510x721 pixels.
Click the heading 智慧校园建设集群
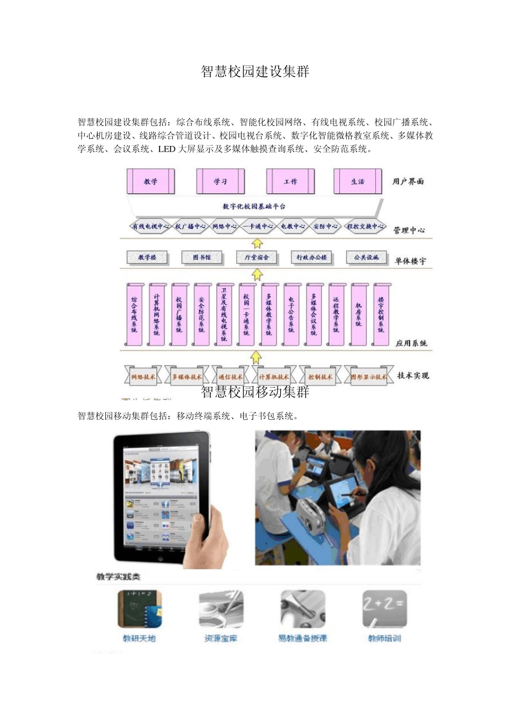coord(255,71)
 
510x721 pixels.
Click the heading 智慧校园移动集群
coord(255,392)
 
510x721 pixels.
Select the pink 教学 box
coord(151,181)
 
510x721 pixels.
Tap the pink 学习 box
coord(221,181)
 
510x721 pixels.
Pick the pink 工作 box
coord(290,181)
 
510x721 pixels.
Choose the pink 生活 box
coord(358,181)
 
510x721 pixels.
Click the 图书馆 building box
coord(202,257)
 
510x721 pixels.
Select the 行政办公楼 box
coord(312,257)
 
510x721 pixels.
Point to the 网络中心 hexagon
coord(224,226)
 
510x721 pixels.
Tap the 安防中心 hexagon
coord(325,226)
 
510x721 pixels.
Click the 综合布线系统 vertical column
coord(134,314)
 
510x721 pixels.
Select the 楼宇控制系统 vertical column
coord(381,314)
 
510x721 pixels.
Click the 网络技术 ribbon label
coord(143,377)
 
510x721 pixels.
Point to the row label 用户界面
coord(408,181)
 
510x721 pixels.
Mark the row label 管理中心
coord(409,230)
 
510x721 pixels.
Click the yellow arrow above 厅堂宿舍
coord(258,244)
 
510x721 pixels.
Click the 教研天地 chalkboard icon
coord(140,609)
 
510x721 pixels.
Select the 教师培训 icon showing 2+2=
coord(384,609)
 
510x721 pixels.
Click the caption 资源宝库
coord(221,638)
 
